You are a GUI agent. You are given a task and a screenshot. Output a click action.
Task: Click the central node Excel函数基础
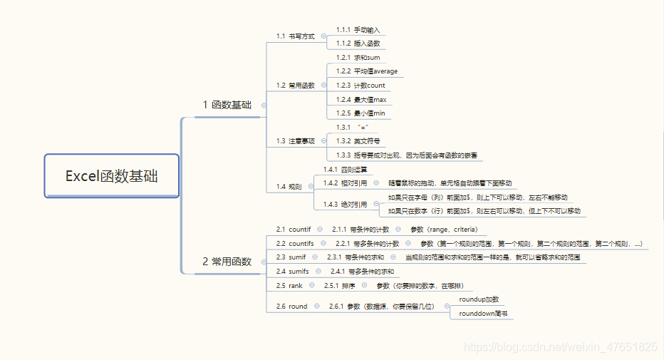point(111,176)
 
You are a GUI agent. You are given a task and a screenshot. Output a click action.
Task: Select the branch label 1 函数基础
point(227,105)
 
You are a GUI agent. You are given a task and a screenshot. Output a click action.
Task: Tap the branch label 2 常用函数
point(227,262)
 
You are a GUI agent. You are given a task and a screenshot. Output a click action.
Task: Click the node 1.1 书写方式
point(296,36)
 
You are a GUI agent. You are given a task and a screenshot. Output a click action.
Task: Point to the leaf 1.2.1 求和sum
point(358,57)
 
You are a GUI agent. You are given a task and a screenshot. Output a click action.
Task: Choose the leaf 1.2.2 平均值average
point(367,71)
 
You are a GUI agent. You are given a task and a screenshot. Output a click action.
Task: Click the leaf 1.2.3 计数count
point(360,86)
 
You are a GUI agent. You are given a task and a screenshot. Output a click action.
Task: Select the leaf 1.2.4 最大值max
point(360,100)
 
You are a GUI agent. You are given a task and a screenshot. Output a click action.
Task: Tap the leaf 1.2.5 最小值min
point(360,113)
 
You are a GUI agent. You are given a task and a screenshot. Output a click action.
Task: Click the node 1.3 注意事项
point(296,141)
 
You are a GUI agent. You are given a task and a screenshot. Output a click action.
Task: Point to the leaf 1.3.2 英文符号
point(358,141)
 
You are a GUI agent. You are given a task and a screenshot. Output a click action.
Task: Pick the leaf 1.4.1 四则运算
point(345,169)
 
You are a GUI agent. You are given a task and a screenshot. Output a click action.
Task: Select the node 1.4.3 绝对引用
point(345,204)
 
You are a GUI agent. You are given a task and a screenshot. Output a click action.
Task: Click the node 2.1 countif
point(294,230)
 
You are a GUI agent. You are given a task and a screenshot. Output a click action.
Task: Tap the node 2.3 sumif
point(291,257)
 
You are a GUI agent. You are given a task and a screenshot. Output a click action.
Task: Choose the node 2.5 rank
point(289,286)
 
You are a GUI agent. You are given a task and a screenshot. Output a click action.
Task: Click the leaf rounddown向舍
point(483,313)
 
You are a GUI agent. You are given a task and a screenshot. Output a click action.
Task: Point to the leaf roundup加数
point(479,299)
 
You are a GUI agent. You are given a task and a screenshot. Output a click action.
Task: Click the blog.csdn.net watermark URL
point(560,347)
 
